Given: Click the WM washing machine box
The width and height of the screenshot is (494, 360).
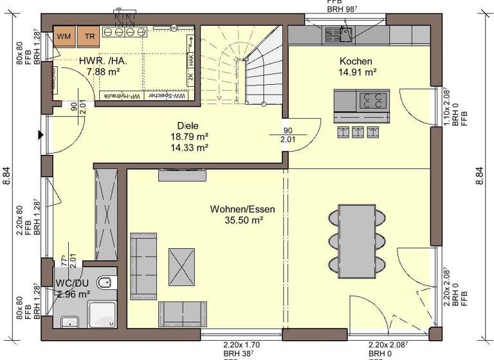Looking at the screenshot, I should (x=64, y=37).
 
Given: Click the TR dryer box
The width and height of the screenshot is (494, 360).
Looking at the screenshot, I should (x=89, y=37).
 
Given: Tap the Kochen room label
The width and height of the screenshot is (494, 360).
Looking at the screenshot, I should (x=356, y=61).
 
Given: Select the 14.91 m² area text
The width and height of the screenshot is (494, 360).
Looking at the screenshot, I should (x=358, y=73).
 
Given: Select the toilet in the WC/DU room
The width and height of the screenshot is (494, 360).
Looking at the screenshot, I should (x=105, y=282).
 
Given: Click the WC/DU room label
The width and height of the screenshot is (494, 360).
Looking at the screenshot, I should (x=72, y=283).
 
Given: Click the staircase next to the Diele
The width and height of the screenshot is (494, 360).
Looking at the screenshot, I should (x=241, y=64).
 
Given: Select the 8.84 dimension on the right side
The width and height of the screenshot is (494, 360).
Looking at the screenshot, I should (x=479, y=173).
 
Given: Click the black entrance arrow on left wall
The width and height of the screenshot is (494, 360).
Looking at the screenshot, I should (x=41, y=134).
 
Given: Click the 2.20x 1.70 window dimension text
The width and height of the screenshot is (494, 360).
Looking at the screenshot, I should (x=241, y=345).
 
